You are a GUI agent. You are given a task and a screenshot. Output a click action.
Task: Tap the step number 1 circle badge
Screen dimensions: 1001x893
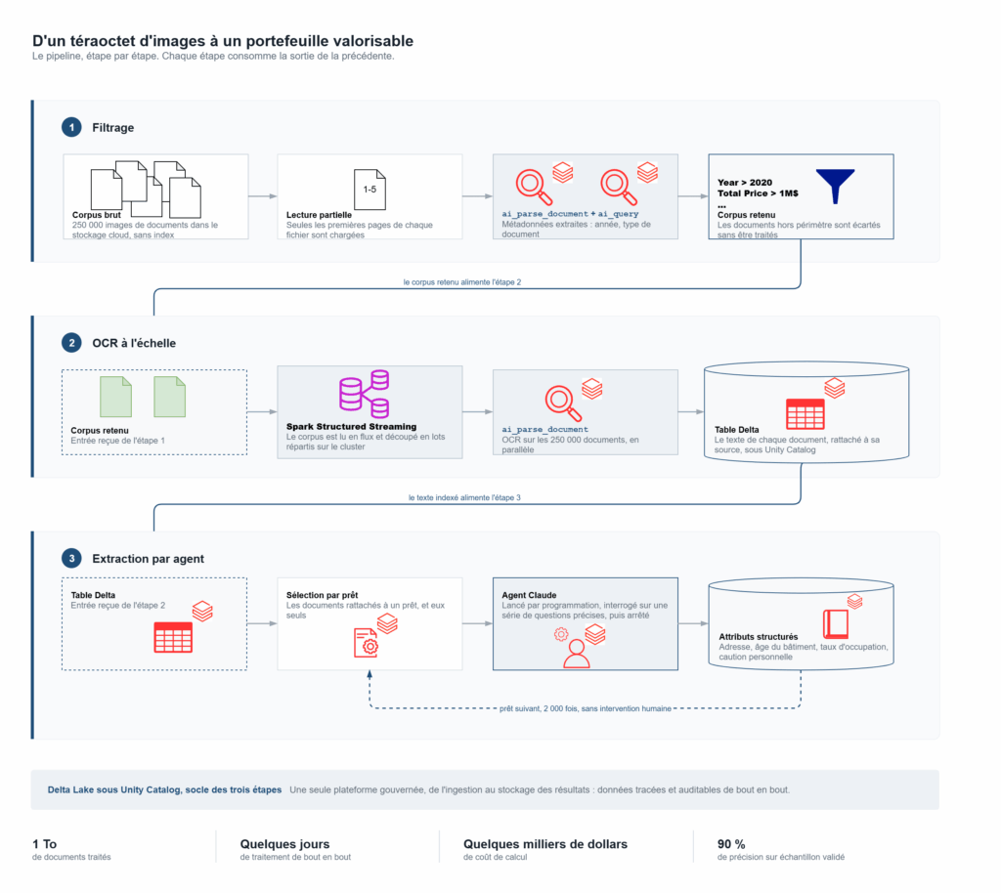[x=71, y=128]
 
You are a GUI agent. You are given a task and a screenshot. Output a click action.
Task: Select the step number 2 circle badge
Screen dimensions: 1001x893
[x=71, y=343]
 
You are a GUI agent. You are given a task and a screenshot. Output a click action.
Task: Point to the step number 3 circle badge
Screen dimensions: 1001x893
[x=71, y=559]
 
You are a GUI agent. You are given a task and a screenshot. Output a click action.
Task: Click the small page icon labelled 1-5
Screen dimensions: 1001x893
[x=370, y=190]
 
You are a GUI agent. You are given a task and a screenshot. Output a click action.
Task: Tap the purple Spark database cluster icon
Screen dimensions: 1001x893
[x=364, y=394]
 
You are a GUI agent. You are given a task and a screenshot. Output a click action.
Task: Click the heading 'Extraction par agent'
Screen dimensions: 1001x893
[x=149, y=559]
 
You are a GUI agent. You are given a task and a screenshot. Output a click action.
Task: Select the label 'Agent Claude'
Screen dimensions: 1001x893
[x=529, y=595]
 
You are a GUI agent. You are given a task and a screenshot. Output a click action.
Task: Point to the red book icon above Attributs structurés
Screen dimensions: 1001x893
[x=836, y=623]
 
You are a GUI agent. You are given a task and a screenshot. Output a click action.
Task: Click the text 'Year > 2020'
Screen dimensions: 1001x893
[x=745, y=183]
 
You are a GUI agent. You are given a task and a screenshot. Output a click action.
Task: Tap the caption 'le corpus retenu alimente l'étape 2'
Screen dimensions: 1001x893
[x=462, y=282]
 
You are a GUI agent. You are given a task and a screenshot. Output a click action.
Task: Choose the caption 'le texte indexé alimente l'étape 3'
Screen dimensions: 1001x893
[x=464, y=497]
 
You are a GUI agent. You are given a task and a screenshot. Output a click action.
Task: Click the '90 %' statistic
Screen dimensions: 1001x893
[x=731, y=844]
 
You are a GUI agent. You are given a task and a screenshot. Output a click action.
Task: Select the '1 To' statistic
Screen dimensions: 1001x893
[x=45, y=844]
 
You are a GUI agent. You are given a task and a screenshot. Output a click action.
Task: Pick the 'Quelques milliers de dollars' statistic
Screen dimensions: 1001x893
[x=545, y=844]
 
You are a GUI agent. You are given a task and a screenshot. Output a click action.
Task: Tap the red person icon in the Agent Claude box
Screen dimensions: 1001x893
[x=577, y=654]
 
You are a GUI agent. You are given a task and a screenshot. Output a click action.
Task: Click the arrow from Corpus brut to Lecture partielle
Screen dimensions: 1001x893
[x=262, y=196]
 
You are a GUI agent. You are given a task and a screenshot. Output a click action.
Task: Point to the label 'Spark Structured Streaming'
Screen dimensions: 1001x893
[x=351, y=427]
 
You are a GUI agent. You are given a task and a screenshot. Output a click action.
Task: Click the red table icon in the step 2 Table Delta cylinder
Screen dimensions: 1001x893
[x=805, y=414]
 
